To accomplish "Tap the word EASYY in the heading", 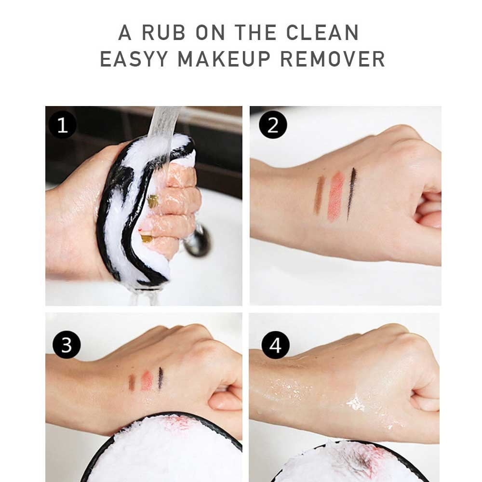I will pyautogui.click(x=134, y=59).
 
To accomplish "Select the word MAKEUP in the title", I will pyautogui.click(x=225, y=59).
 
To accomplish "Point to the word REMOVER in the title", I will pyautogui.click(x=333, y=59).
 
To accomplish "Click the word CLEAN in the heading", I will pyautogui.click(x=322, y=33).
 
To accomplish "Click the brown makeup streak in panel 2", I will pyautogui.click(x=319, y=195).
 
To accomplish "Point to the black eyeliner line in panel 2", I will pyautogui.click(x=351, y=193).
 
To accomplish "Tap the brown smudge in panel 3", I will pyautogui.click(x=132, y=382).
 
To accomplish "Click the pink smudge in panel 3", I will pyautogui.click(x=147, y=380).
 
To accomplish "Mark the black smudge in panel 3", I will pyautogui.click(x=161, y=379).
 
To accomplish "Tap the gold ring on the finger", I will pyautogui.click(x=152, y=201).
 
